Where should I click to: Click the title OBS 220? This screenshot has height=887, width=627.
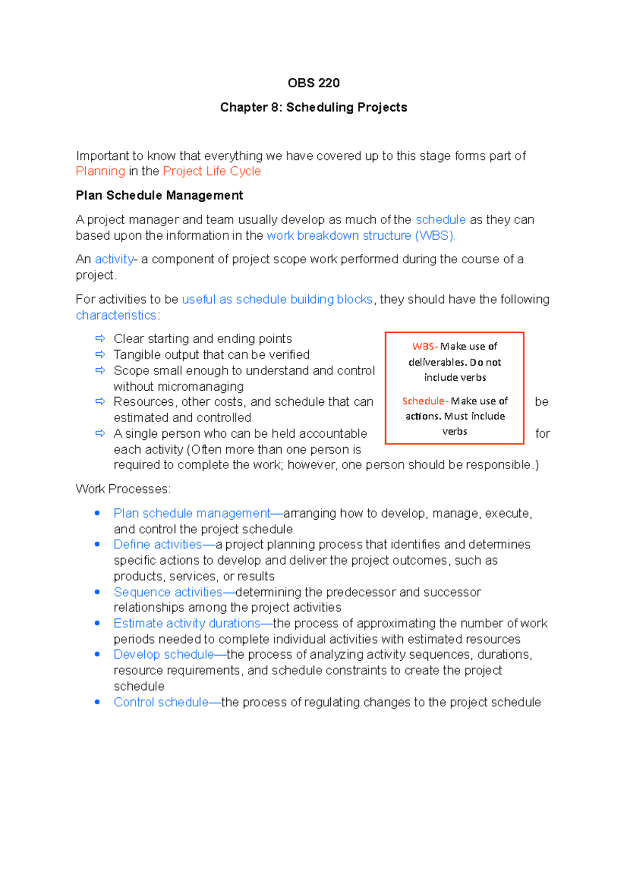pos(313,83)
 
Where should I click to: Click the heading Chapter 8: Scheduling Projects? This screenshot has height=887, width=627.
pos(313,107)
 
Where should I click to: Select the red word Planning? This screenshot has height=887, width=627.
pos(100,171)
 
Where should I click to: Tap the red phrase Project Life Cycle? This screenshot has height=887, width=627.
pos(212,171)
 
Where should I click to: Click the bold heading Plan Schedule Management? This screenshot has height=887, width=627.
pos(159,195)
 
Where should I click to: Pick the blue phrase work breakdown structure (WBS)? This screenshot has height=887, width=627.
pos(361,236)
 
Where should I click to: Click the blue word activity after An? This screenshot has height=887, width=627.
pos(114,259)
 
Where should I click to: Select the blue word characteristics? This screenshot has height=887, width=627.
pos(116,316)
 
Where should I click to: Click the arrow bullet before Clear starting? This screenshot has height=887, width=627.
pos(100,339)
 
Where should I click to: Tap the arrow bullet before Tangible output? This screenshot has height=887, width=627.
pos(100,355)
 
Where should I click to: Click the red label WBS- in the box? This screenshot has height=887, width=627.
pos(425,346)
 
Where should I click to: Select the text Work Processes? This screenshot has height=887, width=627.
pos(123,489)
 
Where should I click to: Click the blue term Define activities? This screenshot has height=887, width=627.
pos(158,544)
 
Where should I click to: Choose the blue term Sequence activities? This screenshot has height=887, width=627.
pos(168,592)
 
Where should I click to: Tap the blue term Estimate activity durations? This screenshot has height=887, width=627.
pos(187,623)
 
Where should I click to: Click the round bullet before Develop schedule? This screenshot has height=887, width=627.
pos(97,655)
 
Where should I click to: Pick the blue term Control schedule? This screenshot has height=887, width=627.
pos(161,702)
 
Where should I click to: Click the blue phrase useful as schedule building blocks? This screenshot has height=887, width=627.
pos(277,299)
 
